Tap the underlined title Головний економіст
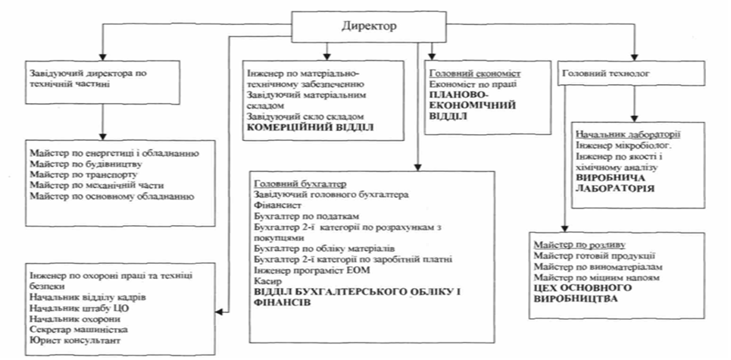[464, 74]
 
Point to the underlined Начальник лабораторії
[615, 134]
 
